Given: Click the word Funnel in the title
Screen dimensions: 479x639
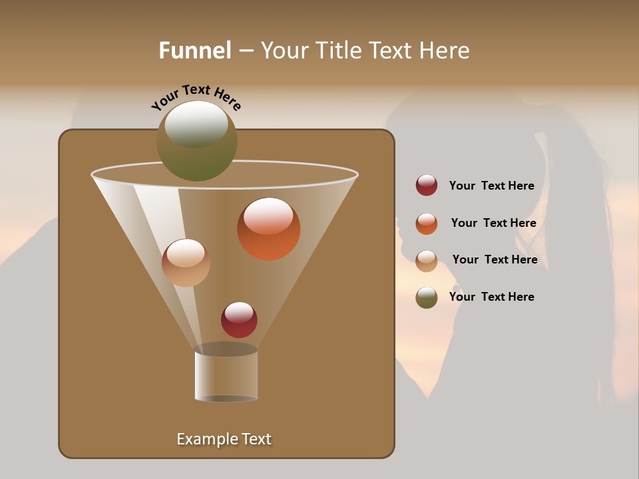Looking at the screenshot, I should pyautogui.click(x=194, y=51).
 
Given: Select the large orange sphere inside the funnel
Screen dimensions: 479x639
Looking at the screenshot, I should pyautogui.click(x=268, y=230).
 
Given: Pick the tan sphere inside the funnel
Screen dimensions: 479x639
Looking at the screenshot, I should pyautogui.click(x=186, y=263).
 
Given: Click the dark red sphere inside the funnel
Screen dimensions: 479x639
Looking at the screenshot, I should pyautogui.click(x=239, y=320).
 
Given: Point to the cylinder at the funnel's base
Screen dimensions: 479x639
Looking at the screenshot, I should pyautogui.click(x=226, y=376).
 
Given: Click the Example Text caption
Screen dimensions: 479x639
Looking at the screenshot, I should pyautogui.click(x=224, y=439).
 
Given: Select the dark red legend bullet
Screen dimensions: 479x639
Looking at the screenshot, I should pyautogui.click(x=427, y=186).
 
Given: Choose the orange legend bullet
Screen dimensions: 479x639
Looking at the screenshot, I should pyautogui.click(x=427, y=224).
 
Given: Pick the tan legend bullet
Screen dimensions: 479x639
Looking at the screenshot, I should pyautogui.click(x=427, y=261).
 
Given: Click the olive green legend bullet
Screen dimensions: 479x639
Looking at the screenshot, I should pyautogui.click(x=427, y=297).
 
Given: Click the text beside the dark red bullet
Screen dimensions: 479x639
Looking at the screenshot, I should pyautogui.click(x=491, y=186).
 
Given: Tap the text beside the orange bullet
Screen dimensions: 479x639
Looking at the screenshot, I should pyautogui.click(x=493, y=224).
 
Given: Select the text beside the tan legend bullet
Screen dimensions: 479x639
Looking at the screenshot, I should pyautogui.click(x=495, y=260).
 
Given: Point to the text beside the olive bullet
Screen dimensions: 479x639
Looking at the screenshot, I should pyautogui.click(x=491, y=297).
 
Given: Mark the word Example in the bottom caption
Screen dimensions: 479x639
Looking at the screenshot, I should pyautogui.click(x=206, y=439).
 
